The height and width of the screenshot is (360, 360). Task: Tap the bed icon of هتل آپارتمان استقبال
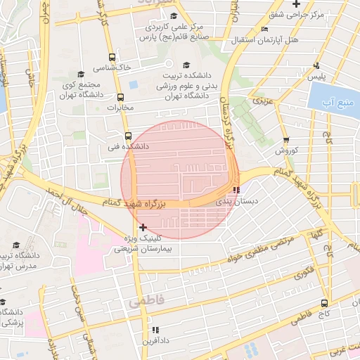264,30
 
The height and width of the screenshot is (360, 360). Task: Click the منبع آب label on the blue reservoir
330,103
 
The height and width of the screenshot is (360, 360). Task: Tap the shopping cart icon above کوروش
285,140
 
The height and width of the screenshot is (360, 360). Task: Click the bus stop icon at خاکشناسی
111,58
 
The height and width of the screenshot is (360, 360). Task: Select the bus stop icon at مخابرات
120,98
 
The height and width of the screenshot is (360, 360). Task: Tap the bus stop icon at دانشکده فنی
127,136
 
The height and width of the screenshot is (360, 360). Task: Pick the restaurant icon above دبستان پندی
236,189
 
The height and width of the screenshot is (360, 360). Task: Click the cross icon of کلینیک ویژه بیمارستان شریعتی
143,227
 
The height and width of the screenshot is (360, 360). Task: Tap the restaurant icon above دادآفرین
155,329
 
